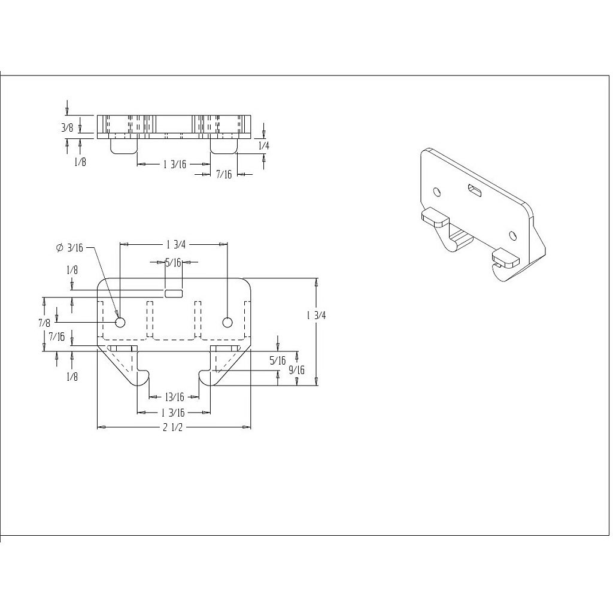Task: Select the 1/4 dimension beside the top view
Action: click(x=263, y=145)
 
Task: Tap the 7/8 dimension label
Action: click(x=44, y=323)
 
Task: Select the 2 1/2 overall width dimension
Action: click(x=174, y=427)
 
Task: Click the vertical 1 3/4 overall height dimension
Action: click(x=316, y=315)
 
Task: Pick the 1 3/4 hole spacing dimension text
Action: click(x=174, y=244)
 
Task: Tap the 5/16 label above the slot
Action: click(x=174, y=262)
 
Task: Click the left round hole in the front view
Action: click(x=120, y=323)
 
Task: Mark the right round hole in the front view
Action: click(x=227, y=323)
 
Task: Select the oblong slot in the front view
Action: click(x=174, y=293)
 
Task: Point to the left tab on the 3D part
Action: click(x=435, y=216)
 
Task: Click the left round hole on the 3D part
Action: click(x=437, y=192)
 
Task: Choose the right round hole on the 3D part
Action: click(x=512, y=234)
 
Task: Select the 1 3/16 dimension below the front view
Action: click(x=174, y=412)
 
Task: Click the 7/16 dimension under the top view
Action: click(x=224, y=174)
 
